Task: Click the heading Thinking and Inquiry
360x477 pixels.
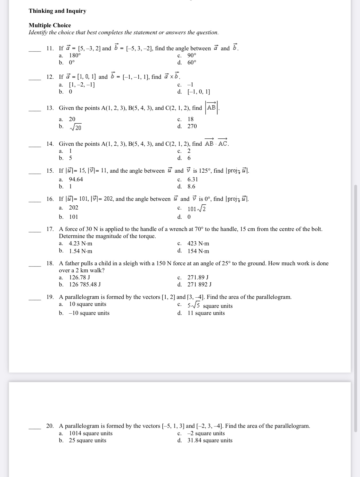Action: [x=57, y=11]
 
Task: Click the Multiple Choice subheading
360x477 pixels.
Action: [x=50, y=25]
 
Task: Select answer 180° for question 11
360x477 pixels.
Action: [x=75, y=55]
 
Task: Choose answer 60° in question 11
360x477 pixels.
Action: [x=192, y=62]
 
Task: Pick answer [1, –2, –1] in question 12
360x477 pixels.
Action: [x=82, y=85]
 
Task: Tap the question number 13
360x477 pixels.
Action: [x=50, y=108]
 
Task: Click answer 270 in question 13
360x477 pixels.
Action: [x=192, y=126]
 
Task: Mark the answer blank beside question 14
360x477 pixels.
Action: [x=35, y=146]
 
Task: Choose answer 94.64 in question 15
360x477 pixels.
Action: [x=76, y=179]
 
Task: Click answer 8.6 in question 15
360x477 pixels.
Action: [x=191, y=186]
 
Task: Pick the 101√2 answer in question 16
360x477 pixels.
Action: [x=197, y=209]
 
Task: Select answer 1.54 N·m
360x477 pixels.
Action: [x=81, y=251]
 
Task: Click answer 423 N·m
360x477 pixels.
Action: [x=198, y=243]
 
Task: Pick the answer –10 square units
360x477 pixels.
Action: [x=89, y=313]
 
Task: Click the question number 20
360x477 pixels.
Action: [x=50, y=426]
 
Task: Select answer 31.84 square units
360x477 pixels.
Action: [x=210, y=440]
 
